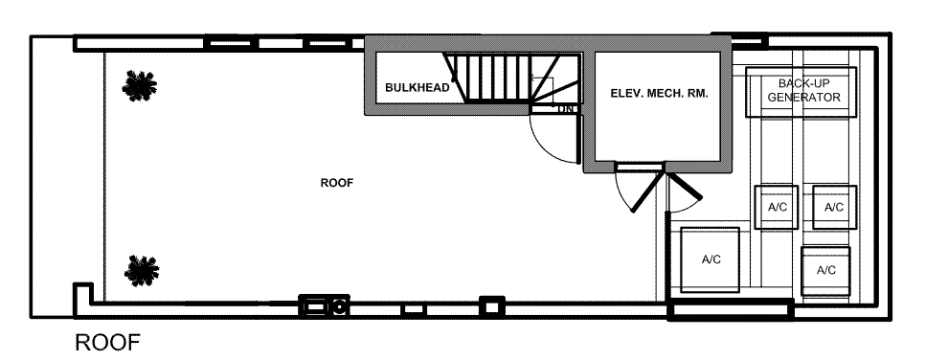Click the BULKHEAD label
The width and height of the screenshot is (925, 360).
[x=417, y=88]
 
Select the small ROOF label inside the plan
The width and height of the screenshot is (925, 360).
[x=337, y=183]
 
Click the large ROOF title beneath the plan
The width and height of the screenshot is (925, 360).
[x=108, y=343]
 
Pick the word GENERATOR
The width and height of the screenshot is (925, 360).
[x=804, y=98]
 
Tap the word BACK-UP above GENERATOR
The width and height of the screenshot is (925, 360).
[x=803, y=84]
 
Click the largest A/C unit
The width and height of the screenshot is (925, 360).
[x=710, y=259]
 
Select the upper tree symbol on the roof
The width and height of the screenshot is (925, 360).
[x=140, y=86]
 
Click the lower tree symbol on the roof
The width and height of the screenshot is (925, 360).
[x=142, y=271]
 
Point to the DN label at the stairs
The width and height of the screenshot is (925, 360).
[x=565, y=109]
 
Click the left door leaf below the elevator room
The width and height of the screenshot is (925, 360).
[x=647, y=191]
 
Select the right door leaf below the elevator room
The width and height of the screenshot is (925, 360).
[x=685, y=186]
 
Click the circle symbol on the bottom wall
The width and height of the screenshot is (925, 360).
[x=339, y=306]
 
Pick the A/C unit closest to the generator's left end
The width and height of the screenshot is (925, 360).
[x=777, y=207]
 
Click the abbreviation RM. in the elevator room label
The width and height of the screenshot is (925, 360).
[x=696, y=93]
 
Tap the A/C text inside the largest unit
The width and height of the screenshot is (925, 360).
[x=711, y=259]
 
